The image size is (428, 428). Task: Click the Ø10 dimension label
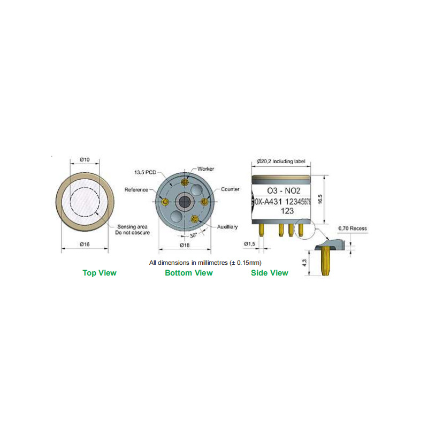pos(85,159)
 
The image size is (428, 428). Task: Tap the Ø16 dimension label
pos(85,244)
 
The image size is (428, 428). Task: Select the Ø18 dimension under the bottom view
pos(185,245)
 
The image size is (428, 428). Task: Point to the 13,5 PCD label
pos(145,172)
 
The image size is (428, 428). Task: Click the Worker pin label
pos(206,169)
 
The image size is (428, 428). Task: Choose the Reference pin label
pos(136,189)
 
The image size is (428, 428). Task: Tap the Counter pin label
pos(230,189)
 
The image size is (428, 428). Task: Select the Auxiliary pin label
pos(227,226)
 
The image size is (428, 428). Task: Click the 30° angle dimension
pos(193,235)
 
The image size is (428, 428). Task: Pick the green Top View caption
pos(100,273)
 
